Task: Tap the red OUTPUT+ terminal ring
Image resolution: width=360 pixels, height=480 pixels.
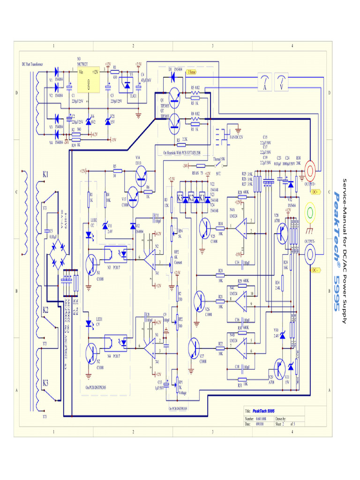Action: coord(311,169)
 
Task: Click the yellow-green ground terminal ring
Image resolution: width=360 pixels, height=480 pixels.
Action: coord(311,212)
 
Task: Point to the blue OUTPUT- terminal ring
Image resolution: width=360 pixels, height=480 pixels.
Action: coord(311,255)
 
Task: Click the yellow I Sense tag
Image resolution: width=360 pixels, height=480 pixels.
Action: coord(192,73)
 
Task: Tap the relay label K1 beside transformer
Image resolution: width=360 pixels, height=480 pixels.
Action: coord(45,174)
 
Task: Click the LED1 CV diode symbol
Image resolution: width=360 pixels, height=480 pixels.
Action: coord(90,324)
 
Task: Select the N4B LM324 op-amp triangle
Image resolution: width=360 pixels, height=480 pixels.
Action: coord(240,348)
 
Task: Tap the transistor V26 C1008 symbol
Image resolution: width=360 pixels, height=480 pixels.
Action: coord(201,299)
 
